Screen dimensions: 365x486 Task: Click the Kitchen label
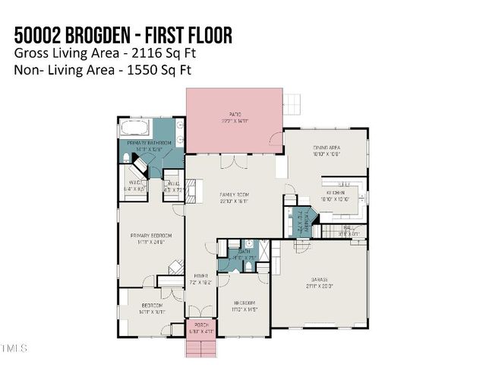tap(336, 194)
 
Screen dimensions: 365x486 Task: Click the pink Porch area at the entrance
tap(201, 328)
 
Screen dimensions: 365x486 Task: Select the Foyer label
tap(200, 278)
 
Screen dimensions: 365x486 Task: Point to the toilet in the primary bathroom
tap(126, 158)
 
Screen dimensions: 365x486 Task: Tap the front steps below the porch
tap(201, 348)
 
